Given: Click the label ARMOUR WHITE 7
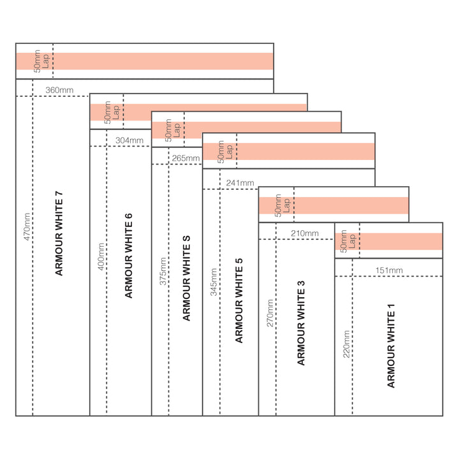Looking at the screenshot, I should pyautogui.click(x=59, y=233).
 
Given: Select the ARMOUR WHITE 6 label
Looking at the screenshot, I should pyautogui.click(x=129, y=256).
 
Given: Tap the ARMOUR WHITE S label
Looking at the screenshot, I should pyautogui.click(x=186, y=278).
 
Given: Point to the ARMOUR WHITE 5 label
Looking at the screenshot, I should pyautogui.click(x=239, y=300).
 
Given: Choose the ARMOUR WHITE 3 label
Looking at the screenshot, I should pyautogui.click(x=302, y=323).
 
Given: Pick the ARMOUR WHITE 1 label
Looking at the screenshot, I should pyautogui.click(x=391, y=346).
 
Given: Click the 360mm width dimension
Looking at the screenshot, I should pyautogui.click(x=59, y=91).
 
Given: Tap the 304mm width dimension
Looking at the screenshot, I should pyautogui.click(x=129, y=140).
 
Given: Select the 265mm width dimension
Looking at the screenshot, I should pyautogui.click(x=186, y=158).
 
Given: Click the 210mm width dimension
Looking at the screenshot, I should pyautogui.click(x=304, y=233).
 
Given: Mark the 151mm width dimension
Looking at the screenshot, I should pyautogui.click(x=389, y=270).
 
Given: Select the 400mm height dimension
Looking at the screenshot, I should pyautogui.click(x=100, y=256).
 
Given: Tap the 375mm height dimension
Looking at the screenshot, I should pyautogui.click(x=163, y=271).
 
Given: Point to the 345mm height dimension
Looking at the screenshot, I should pyautogui.click(x=214, y=281).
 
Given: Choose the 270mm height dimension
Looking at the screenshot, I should pyautogui.click(x=270, y=312).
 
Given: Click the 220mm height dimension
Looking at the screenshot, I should pyautogui.click(x=346, y=345).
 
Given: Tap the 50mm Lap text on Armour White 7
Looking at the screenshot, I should pyautogui.click(x=41, y=61).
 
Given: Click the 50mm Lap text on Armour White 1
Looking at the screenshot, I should pyautogui.click(x=348, y=241).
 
